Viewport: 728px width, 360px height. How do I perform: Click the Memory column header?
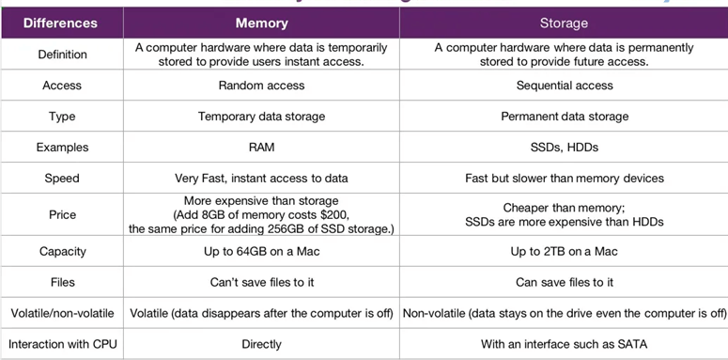(261, 22)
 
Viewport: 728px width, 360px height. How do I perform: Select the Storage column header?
(564, 22)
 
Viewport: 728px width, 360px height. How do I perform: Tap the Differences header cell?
(61, 22)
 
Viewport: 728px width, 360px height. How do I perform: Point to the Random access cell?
(261, 86)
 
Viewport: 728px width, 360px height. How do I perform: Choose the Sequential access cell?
(564, 86)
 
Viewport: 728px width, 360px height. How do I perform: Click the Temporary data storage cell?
(261, 117)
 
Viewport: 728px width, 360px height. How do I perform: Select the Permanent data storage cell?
(564, 117)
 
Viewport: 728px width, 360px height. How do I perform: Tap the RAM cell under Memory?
(261, 148)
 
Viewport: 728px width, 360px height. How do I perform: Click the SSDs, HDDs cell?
(564, 148)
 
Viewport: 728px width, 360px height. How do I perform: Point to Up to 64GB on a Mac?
(261, 251)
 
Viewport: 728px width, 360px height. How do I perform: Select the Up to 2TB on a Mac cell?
(564, 251)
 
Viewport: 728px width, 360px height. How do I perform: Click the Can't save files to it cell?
(261, 282)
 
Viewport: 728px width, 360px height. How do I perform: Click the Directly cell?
(261, 344)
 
